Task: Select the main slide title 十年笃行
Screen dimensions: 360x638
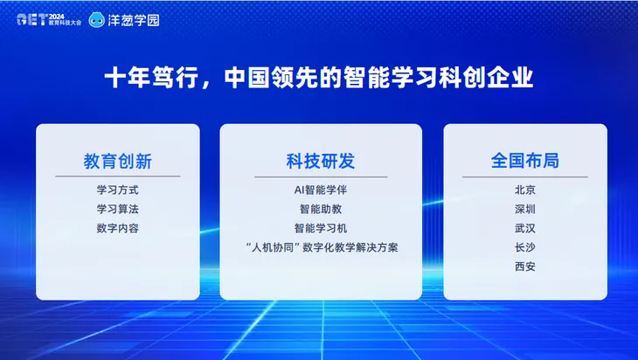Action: (318, 79)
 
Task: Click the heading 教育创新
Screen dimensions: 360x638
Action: (118, 162)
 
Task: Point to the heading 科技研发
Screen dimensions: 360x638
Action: (321, 162)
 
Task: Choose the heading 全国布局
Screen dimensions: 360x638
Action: (524, 162)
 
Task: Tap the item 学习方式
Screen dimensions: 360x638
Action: (118, 190)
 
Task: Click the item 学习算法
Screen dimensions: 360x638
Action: (118, 209)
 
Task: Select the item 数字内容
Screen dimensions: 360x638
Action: (118, 228)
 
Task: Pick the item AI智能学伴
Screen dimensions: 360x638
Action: (321, 190)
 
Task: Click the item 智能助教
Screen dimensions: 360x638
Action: (321, 209)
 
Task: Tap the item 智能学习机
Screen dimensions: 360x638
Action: (321, 228)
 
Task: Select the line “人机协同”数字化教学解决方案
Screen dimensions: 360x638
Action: (321, 247)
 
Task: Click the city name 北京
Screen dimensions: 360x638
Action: (524, 190)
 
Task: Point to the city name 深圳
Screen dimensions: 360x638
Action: (524, 209)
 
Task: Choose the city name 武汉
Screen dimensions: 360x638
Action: (524, 228)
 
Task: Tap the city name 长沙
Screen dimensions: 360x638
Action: (524, 247)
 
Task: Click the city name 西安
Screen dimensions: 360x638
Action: (524, 267)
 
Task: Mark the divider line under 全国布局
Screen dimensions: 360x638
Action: (524, 177)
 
